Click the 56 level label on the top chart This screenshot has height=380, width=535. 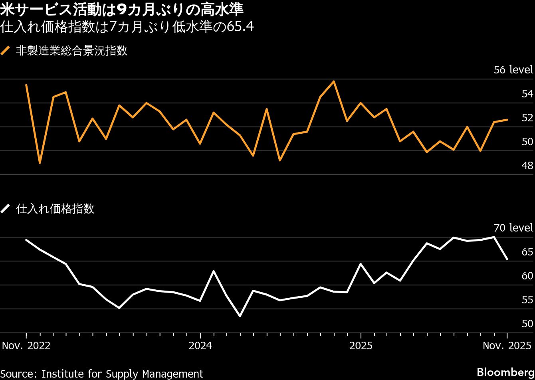pyautogui.click(x=513, y=70)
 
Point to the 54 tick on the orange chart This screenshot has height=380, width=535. pyautogui.click(x=527, y=94)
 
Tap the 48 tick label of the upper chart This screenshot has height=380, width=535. pyautogui.click(x=527, y=166)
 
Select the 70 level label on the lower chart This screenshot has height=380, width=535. pyautogui.click(x=513, y=228)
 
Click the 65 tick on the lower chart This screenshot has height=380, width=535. pyautogui.click(x=527, y=252)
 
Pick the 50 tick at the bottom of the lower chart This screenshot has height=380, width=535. pyautogui.click(x=527, y=324)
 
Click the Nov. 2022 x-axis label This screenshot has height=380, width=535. pyautogui.click(x=26, y=346)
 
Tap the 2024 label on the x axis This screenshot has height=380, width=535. pyautogui.click(x=200, y=346)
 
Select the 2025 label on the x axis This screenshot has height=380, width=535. pyautogui.click(x=361, y=346)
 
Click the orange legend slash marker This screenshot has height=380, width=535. pyautogui.click(x=6, y=51)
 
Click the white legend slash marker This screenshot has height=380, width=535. pyautogui.click(x=6, y=209)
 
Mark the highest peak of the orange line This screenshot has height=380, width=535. pyautogui.click(x=334, y=81)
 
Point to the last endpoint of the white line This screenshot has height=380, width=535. pyautogui.click(x=507, y=259)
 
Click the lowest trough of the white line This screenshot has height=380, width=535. pyautogui.click(x=240, y=316)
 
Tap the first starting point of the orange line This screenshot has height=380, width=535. pyautogui.click(x=26, y=85)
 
